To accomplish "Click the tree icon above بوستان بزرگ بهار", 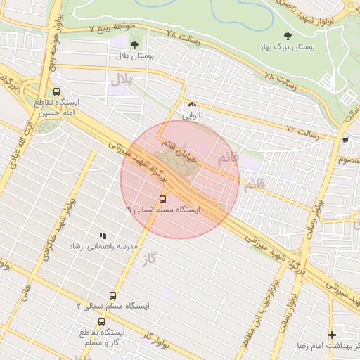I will (286, 36).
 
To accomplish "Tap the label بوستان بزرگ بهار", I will (285, 47).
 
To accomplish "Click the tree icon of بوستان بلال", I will (134, 45).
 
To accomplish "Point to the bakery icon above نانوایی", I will (192, 104).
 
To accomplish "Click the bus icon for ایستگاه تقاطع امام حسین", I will (57, 91).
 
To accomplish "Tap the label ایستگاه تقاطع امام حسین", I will (57, 107).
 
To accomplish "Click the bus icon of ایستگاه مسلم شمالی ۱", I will (164, 199).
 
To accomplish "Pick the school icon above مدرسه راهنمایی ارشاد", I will (103, 236).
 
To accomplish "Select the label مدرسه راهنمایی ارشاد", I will (102, 247).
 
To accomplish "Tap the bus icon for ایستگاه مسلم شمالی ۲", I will (113, 296).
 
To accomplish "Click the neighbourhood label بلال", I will (121, 79).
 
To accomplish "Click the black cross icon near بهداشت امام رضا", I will (333, 335).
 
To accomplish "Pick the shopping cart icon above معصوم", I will (345, 140).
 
